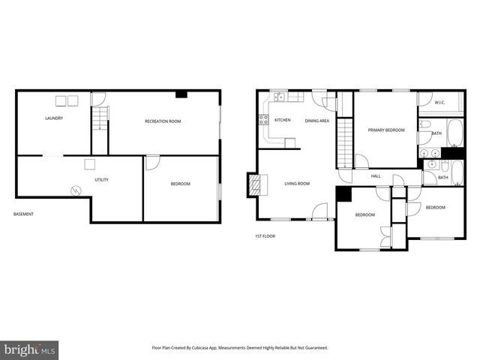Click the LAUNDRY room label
53,118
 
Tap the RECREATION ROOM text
163,121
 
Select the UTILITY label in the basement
101,180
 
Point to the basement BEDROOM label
180,184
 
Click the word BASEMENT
23,214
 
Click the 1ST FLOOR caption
265,236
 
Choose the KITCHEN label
283,120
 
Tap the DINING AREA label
316,121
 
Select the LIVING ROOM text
297,184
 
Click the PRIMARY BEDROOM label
386,130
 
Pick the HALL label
376,176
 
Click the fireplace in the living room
255,184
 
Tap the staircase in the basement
99,119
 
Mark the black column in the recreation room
181,94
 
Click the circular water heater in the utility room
75,190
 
